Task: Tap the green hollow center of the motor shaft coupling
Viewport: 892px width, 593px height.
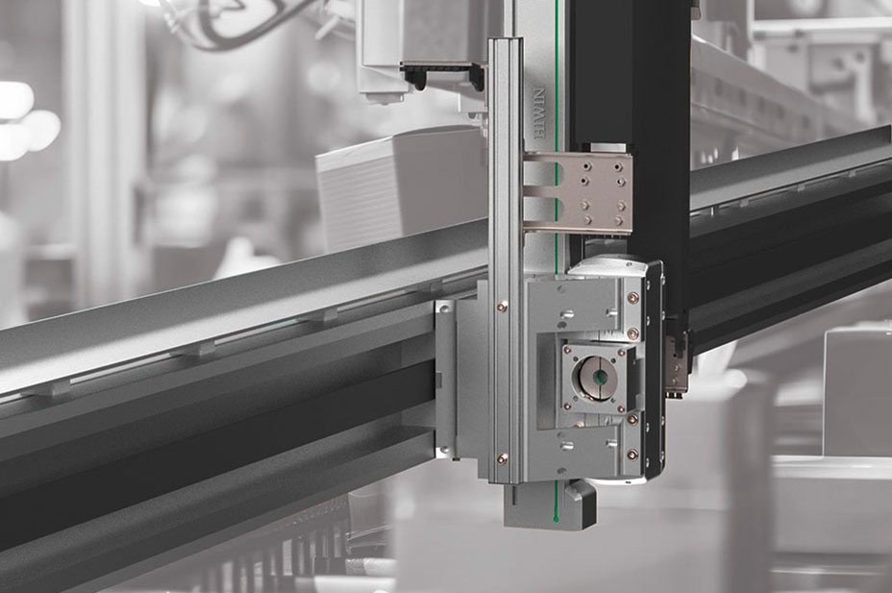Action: pos(599,377)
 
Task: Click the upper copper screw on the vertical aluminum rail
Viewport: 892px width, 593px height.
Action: pos(500,307)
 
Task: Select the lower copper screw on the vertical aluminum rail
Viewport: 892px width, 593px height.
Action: pos(501,456)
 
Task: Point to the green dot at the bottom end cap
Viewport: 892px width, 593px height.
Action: pos(556,518)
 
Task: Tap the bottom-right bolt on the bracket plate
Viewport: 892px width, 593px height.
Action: pos(619,219)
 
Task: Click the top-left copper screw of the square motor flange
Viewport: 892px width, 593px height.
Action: pos(567,350)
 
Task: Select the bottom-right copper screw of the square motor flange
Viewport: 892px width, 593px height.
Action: pos(621,408)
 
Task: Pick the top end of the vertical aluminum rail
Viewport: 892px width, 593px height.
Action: pos(506,39)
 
